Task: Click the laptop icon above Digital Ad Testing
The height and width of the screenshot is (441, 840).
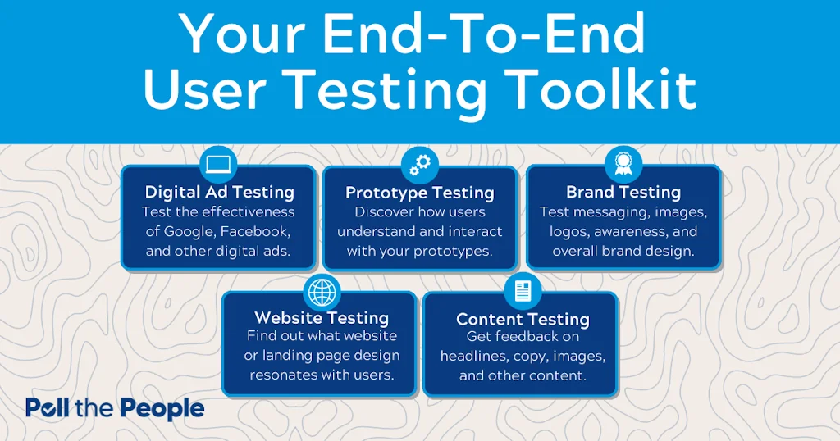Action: click(x=218, y=164)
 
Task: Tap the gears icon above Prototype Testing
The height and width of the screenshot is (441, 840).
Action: click(x=420, y=165)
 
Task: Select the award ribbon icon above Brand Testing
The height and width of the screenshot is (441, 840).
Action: click(x=623, y=164)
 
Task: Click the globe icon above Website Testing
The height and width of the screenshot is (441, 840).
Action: click(x=322, y=292)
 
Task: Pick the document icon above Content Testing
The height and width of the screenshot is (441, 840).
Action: click(x=523, y=292)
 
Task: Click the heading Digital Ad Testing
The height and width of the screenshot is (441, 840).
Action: click(x=220, y=192)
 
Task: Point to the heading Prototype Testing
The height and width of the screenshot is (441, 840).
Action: click(x=420, y=193)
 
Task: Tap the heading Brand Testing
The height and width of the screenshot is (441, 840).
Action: click(x=623, y=192)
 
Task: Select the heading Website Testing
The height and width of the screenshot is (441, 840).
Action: click(x=322, y=318)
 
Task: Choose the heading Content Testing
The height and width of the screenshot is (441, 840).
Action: click(x=523, y=320)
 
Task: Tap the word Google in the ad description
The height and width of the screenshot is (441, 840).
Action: click(x=189, y=232)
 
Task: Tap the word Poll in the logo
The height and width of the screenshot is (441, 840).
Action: click(x=47, y=408)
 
